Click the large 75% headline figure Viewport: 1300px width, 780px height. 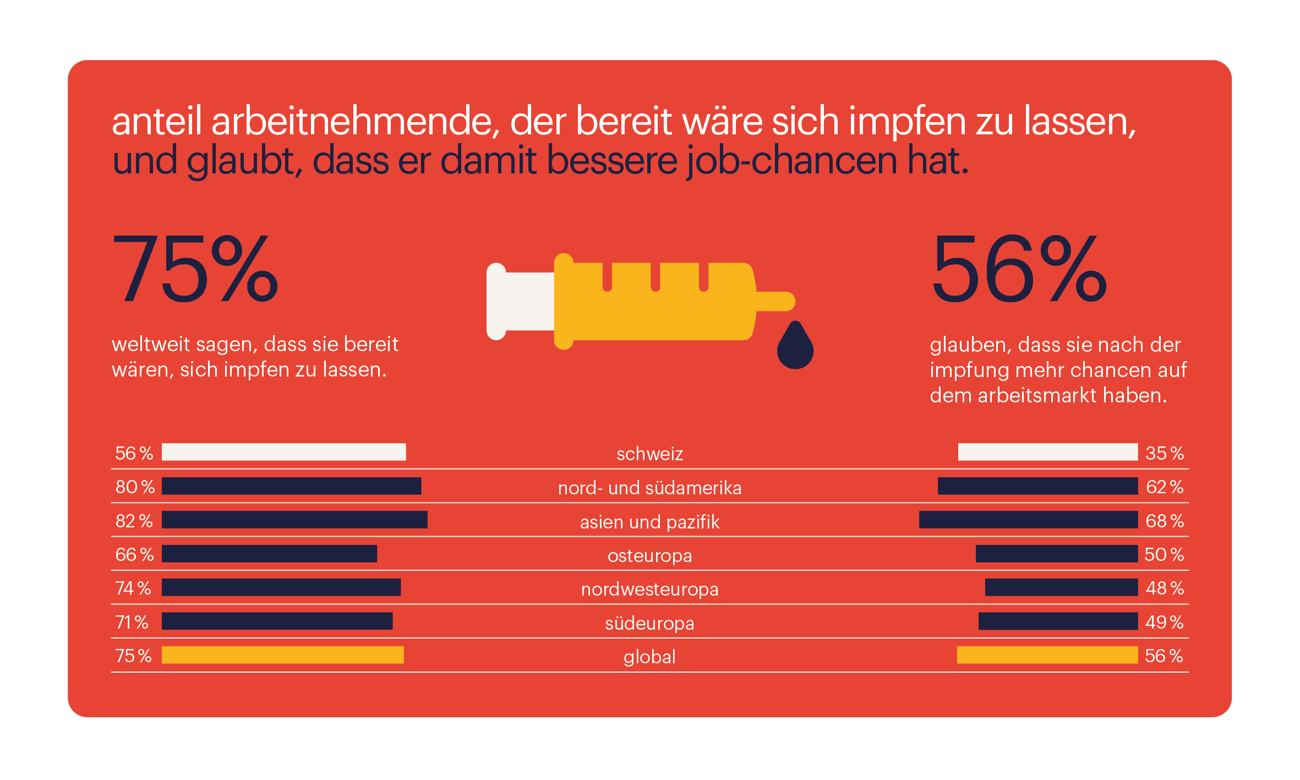click(x=195, y=269)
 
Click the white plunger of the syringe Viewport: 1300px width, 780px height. click(x=520, y=301)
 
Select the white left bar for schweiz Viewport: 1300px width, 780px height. click(x=283, y=452)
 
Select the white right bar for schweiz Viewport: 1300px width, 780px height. click(x=1047, y=452)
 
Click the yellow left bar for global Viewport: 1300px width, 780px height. click(x=282, y=655)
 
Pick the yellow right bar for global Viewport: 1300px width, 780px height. click(x=1047, y=655)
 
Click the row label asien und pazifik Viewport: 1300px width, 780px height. click(x=649, y=522)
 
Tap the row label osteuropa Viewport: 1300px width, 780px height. click(x=649, y=556)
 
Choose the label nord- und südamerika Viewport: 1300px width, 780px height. click(x=649, y=488)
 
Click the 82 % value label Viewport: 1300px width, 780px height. click(x=134, y=521)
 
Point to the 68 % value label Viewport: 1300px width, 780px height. click(x=1164, y=521)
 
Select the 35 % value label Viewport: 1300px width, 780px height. click(x=1164, y=453)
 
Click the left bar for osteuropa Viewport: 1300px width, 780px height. click(x=269, y=554)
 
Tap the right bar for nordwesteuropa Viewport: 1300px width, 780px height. click(x=1061, y=587)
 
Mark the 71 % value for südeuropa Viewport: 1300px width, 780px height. click(x=132, y=622)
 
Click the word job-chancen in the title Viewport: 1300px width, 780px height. click(x=792, y=161)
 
